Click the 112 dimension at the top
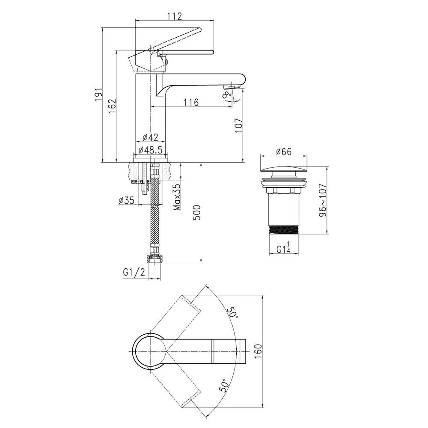click(x=175, y=16)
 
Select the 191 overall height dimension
click(x=98, y=95)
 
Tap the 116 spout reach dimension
click(x=191, y=102)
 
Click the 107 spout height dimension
click(x=239, y=125)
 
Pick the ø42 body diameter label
click(x=150, y=137)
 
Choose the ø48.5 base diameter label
click(x=150, y=149)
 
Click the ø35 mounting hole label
click(x=127, y=200)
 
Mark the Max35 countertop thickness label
click(x=178, y=197)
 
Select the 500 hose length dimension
click(x=197, y=212)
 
